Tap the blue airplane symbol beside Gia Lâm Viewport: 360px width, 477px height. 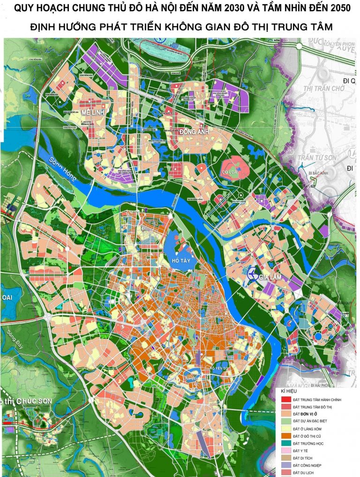253,273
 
